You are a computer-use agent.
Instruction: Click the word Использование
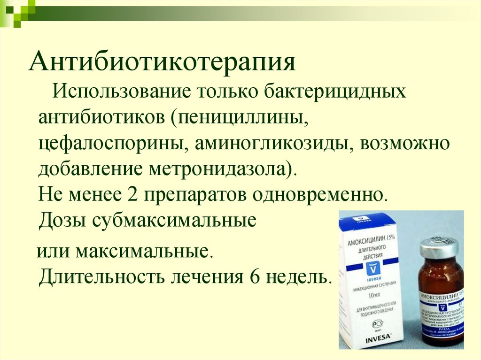pos(120,91)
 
